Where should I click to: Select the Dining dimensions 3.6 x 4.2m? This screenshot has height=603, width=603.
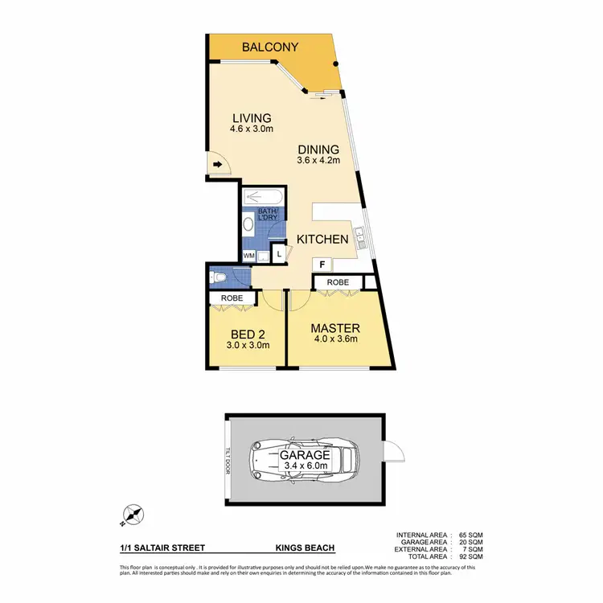[x=318, y=161]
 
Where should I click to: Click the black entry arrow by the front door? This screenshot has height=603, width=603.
[x=217, y=166]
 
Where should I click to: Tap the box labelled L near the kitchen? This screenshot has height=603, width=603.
[x=278, y=254]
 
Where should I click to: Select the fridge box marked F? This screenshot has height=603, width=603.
[x=322, y=265]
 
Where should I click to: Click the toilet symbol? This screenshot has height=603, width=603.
[x=219, y=277]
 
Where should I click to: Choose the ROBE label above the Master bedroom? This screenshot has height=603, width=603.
[x=337, y=283]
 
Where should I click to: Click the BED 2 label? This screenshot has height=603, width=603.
[x=248, y=334]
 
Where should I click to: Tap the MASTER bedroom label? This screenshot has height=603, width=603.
[x=336, y=328]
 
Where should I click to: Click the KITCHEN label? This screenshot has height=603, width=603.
[x=322, y=239]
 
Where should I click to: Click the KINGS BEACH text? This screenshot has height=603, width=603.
[x=306, y=548]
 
